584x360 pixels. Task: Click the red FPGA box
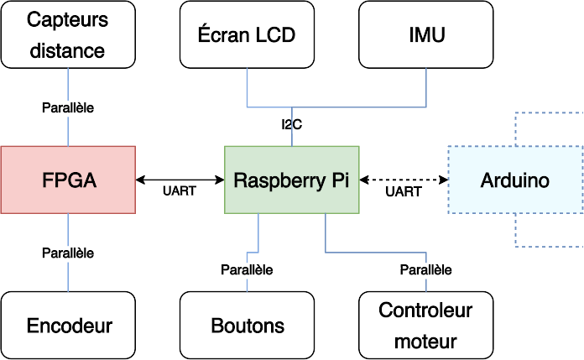pos(68,180)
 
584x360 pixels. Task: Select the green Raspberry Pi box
pos(291,180)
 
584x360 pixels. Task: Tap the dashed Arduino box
pos(514,180)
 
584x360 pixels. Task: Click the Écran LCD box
pos(247,34)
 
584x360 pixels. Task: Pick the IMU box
pos(425,34)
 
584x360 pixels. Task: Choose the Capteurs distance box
pos(68,34)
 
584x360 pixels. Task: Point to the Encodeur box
pos(68,326)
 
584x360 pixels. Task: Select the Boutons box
pos(247,326)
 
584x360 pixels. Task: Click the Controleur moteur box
pos(425,326)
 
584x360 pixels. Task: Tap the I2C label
pos(291,124)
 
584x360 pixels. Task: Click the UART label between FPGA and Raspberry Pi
pos(180,191)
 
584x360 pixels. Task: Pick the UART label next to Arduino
pos(403,192)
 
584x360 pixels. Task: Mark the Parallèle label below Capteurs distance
pos(68,107)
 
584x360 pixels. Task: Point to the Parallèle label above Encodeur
pos(68,253)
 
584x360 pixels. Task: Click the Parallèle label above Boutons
pos(247,269)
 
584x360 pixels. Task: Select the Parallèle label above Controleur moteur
pos(425,269)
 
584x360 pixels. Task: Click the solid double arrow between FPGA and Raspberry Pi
pos(180,179)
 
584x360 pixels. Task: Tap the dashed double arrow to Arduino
pos(403,179)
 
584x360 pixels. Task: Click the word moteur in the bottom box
pos(425,342)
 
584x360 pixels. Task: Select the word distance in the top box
pos(68,50)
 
